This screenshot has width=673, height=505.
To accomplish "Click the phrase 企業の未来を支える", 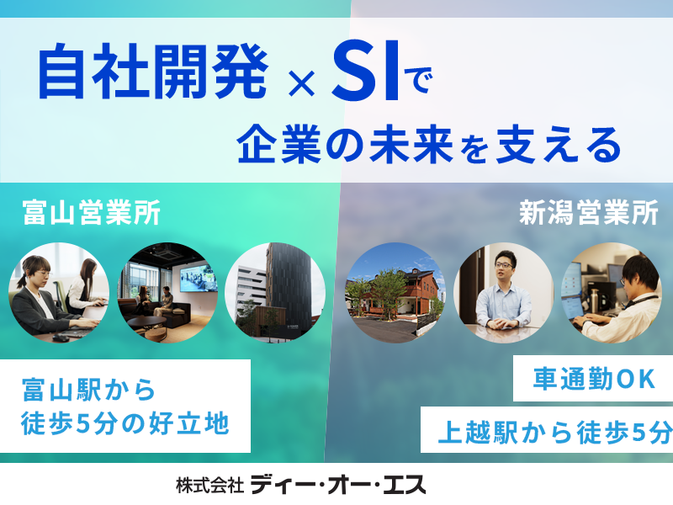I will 429,144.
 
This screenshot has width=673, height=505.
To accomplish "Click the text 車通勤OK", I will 594,380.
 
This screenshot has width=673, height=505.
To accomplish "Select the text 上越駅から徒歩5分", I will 554,433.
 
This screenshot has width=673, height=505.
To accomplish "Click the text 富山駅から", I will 88,391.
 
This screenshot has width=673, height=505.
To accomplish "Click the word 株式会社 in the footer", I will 209,486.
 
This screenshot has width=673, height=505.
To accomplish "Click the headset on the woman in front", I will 29,271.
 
